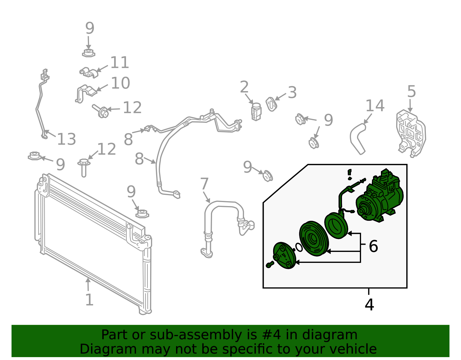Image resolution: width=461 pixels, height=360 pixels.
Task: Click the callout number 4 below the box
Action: pyautogui.click(x=369, y=305)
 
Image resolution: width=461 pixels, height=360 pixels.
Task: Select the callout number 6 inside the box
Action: pyautogui.click(x=373, y=246)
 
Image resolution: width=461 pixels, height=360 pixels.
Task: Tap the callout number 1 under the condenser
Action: pyautogui.click(x=89, y=299)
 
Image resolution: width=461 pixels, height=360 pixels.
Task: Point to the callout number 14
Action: pyautogui.click(x=375, y=105)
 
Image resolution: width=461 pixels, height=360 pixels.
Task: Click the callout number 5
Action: pyautogui.click(x=411, y=91)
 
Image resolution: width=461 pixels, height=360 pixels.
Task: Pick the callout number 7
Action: pyautogui.click(x=204, y=184)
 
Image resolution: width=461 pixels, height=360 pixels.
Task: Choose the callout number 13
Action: pyautogui.click(x=66, y=139)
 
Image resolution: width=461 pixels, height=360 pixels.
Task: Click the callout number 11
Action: pyautogui.click(x=120, y=63)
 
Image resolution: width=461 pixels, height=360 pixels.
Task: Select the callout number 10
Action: pyautogui.click(x=120, y=83)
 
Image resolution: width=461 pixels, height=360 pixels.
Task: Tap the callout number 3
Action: pyautogui.click(x=292, y=93)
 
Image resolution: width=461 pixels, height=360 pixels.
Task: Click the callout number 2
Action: pyautogui.click(x=244, y=87)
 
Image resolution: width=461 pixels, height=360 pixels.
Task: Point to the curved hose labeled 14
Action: pyautogui.click(x=358, y=139)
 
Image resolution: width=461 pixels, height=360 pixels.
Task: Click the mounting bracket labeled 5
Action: pyautogui.click(x=411, y=133)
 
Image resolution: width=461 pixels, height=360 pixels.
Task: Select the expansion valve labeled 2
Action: pyautogui.click(x=256, y=112)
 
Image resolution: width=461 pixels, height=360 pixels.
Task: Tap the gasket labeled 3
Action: pyautogui.click(x=271, y=104)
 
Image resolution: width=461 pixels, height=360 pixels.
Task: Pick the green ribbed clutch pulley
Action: pyautogui.click(x=314, y=238)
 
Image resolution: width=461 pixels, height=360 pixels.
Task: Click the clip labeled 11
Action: pyautogui.click(x=89, y=73)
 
